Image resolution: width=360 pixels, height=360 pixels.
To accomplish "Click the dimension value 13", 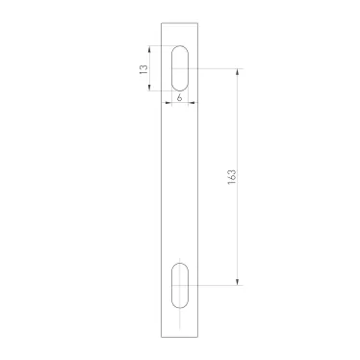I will (x=144, y=69).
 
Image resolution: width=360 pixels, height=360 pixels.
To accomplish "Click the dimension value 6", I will (x=180, y=99).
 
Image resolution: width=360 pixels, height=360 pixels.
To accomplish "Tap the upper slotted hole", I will (x=180, y=68).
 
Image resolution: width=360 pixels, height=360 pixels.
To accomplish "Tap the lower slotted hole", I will (x=180, y=285).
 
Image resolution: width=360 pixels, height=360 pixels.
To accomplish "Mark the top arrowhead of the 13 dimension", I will (x=149, y=48).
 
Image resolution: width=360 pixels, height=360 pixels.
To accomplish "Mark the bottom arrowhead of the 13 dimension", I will (x=149, y=90).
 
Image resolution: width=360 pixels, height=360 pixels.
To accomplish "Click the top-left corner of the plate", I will (x=161, y=22).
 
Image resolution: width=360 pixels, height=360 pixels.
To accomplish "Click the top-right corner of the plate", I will (x=199, y=22).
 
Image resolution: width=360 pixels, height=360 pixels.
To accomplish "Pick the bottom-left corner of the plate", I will (x=161, y=336).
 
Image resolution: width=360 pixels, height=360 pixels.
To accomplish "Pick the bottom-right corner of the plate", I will (x=199, y=336).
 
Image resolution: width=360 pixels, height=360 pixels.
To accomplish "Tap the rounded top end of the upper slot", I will (x=180, y=48).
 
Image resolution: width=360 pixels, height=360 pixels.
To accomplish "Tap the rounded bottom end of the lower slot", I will (x=180, y=306).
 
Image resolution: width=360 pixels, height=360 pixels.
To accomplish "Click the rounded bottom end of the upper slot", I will (x=180, y=90).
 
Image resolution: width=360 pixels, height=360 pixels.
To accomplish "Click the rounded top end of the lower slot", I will (x=180, y=264).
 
